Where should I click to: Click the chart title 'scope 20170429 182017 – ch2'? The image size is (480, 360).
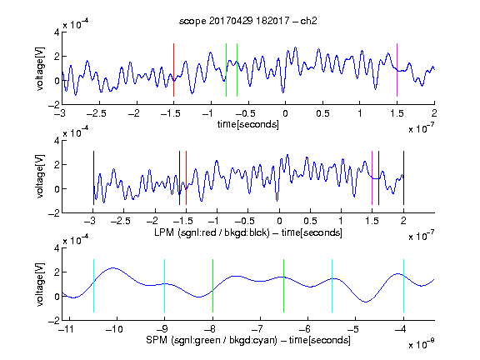pyautogui.click(x=248, y=21)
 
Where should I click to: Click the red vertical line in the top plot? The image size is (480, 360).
pyautogui.click(x=173, y=70)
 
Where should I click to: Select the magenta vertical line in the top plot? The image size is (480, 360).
pyautogui.click(x=397, y=70)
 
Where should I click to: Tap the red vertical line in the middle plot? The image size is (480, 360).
pyautogui.click(x=186, y=177)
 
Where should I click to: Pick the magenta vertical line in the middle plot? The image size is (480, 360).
pyautogui.click(x=372, y=177)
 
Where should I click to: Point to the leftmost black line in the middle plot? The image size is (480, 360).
pyautogui.click(x=93, y=177)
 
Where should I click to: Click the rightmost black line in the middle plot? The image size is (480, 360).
pyautogui.click(x=403, y=177)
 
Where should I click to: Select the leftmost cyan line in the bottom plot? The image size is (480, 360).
pyautogui.click(x=93, y=286)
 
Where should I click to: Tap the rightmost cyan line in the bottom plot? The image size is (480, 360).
pyautogui.click(x=403, y=286)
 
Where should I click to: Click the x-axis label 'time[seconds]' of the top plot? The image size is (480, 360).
pyautogui.click(x=248, y=124)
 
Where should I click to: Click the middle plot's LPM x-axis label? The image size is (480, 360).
pyautogui.click(x=248, y=232)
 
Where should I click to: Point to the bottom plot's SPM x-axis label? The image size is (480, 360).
pyautogui.click(x=248, y=340)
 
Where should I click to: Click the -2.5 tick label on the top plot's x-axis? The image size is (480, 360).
pyautogui.click(x=97, y=113)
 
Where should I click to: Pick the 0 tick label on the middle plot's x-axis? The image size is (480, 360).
pyautogui.click(x=279, y=221)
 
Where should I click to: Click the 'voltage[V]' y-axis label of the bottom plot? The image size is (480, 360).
pyautogui.click(x=40, y=284)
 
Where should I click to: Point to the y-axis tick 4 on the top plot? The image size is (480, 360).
pyautogui.click(x=57, y=32)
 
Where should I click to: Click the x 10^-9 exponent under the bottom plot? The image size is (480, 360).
pyautogui.click(x=422, y=344)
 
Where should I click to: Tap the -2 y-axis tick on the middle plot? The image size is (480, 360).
pyautogui.click(x=54, y=213)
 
